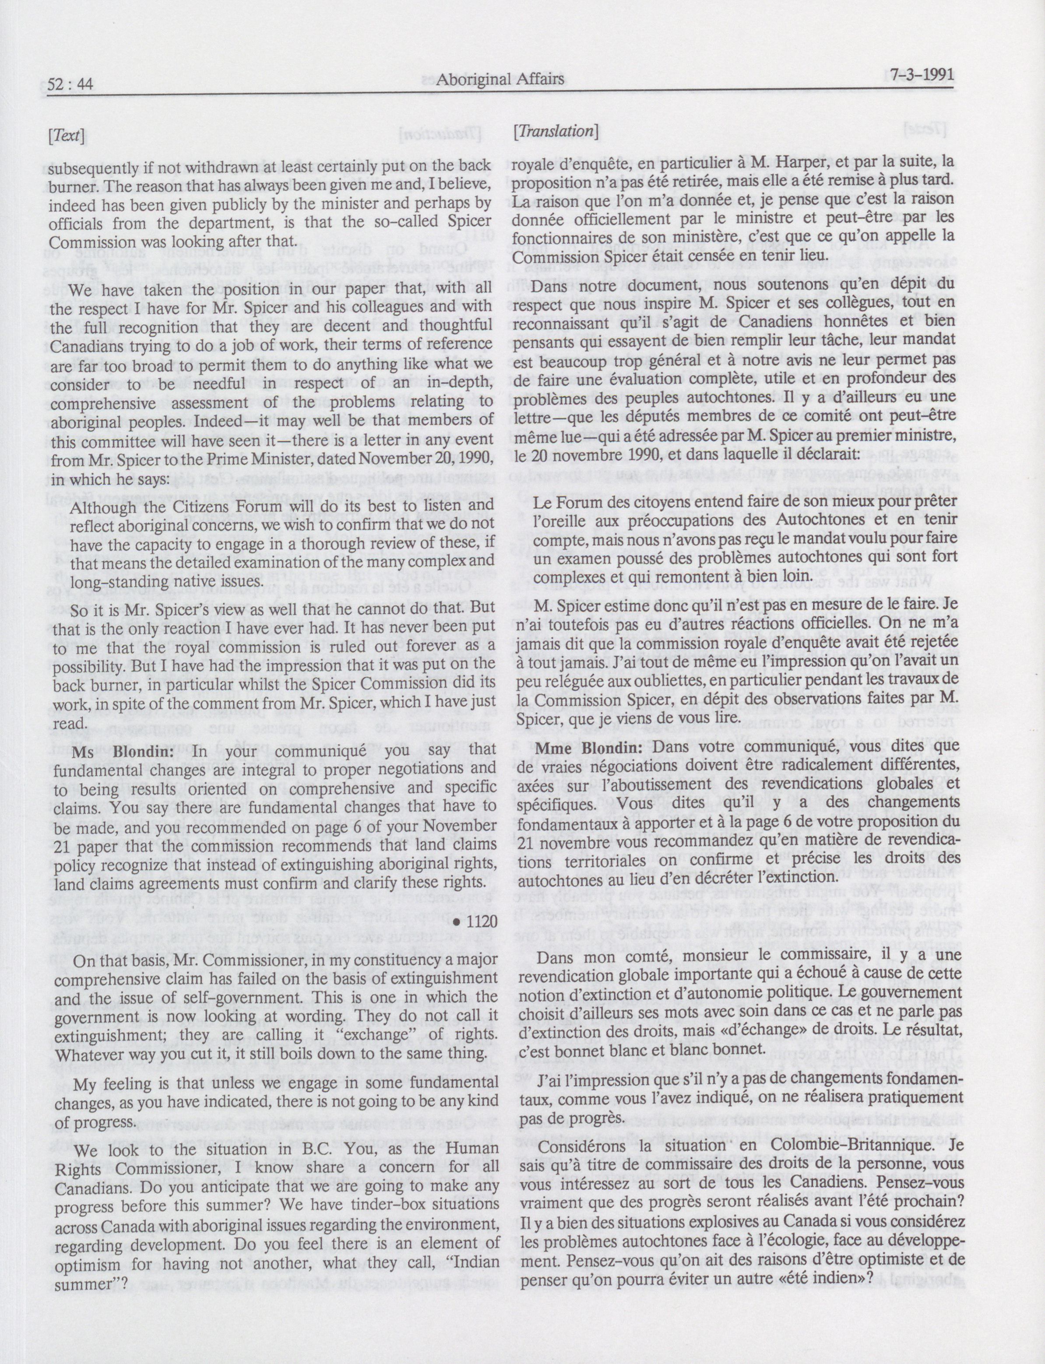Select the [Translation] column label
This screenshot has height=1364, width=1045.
556,131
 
